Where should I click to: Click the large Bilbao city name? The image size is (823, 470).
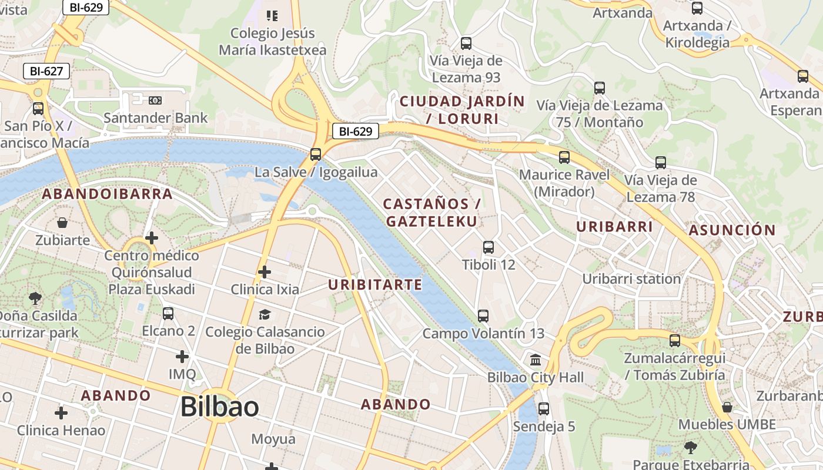click(x=219, y=407)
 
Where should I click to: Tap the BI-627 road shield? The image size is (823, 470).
click(x=46, y=72)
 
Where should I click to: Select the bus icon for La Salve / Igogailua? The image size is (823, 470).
click(x=316, y=155)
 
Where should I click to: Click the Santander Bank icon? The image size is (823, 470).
click(x=155, y=100)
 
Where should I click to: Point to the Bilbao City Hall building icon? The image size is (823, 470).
click(x=536, y=360)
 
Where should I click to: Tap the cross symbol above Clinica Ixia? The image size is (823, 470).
click(x=265, y=272)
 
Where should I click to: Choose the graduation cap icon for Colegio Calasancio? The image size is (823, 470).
click(x=265, y=315)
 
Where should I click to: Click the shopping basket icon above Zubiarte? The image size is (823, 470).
click(x=62, y=223)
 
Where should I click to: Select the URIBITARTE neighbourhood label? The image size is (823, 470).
click(x=375, y=285)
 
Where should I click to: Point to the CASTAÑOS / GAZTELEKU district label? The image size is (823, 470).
click(x=431, y=212)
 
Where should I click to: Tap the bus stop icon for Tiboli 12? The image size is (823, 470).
click(x=488, y=247)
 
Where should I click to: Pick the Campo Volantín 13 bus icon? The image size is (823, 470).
click(x=483, y=316)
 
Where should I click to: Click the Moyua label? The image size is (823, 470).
click(x=273, y=439)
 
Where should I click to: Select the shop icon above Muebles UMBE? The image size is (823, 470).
click(x=727, y=407)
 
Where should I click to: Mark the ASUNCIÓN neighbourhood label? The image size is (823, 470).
click(x=732, y=230)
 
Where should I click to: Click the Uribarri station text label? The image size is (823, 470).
click(x=631, y=278)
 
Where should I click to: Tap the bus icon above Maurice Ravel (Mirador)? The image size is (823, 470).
click(x=564, y=157)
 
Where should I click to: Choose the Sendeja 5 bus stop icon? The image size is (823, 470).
click(x=544, y=409)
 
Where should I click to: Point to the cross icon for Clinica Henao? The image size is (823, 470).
click(x=61, y=413)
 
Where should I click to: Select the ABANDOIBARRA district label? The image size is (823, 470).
click(x=107, y=194)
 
